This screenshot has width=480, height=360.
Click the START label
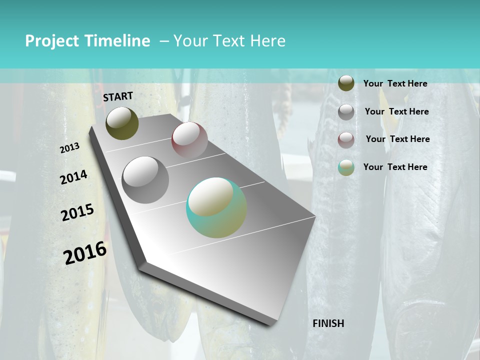click(118, 96)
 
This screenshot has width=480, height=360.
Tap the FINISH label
click(328, 323)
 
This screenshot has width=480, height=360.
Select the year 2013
click(70, 148)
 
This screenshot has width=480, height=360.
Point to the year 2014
click(73, 177)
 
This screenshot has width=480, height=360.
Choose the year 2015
click(77, 212)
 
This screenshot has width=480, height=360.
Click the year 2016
click(85, 253)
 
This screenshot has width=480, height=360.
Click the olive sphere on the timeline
click(122, 123)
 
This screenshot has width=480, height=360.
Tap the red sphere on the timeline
click(189, 140)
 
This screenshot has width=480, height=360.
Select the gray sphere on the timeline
click(145, 179)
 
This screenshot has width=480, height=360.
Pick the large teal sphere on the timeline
click(216, 207)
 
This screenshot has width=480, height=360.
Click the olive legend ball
click(346, 83)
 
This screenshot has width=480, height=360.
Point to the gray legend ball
click(346, 111)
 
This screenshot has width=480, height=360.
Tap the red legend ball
click(346, 139)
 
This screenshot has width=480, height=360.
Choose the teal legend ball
click(346, 167)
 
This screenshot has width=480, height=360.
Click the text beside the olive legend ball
click(395, 83)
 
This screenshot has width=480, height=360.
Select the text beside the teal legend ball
click(395, 167)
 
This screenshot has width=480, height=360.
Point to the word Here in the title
click(267, 41)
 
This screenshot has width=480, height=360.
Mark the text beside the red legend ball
click(397, 139)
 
